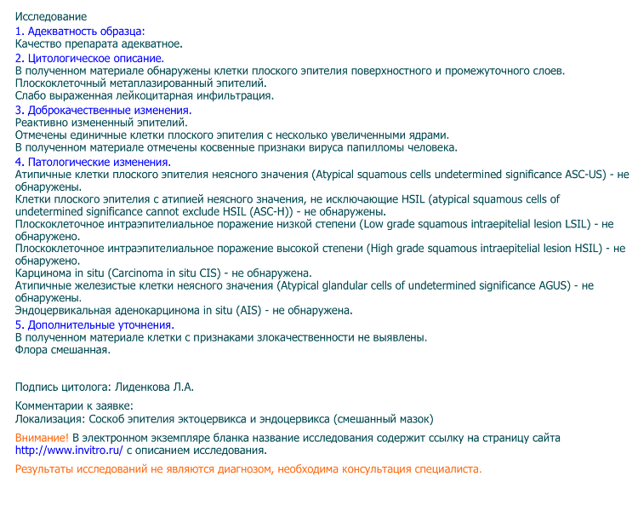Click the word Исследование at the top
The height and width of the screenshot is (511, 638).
(x=51, y=17)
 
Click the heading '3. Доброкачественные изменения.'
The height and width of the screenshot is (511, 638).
(x=104, y=111)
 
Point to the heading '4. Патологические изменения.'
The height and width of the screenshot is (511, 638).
(x=93, y=162)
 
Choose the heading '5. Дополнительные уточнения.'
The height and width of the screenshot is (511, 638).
(x=94, y=324)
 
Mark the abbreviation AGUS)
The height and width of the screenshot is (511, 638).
(x=554, y=286)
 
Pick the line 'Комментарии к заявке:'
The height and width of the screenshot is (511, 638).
(x=75, y=406)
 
